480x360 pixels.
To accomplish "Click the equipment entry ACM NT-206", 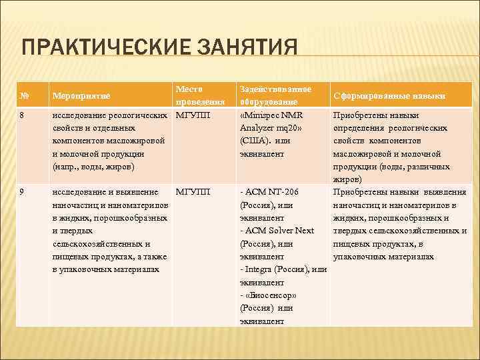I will [x=272, y=192].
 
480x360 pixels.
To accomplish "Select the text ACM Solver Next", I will [x=279, y=231].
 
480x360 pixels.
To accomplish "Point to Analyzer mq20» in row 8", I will [x=271, y=128].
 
